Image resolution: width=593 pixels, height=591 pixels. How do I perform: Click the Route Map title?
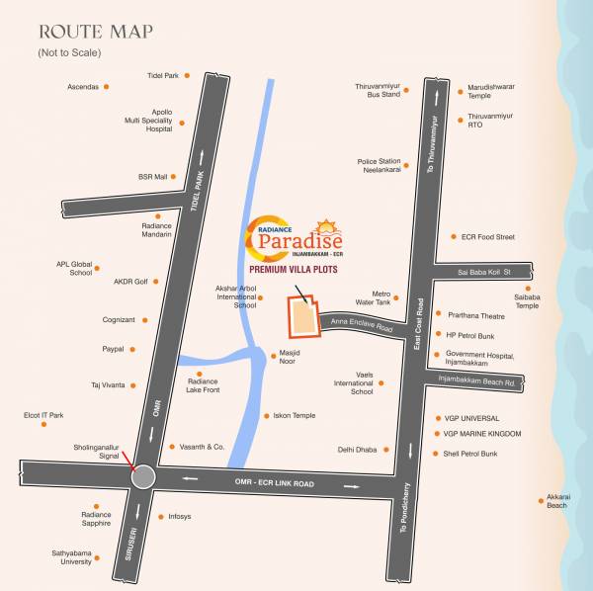94,31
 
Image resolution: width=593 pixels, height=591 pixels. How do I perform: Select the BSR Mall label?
153,177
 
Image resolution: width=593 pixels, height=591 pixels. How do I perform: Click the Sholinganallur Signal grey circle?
144,477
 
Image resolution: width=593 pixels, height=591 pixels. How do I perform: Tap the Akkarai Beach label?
557,501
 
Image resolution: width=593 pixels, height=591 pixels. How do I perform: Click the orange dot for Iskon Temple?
265,416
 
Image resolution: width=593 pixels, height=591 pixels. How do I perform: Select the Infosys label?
180,517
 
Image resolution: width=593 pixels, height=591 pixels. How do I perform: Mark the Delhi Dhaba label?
357,450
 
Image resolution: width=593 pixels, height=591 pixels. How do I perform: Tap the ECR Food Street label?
488,237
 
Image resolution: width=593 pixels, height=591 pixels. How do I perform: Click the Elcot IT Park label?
43,415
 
